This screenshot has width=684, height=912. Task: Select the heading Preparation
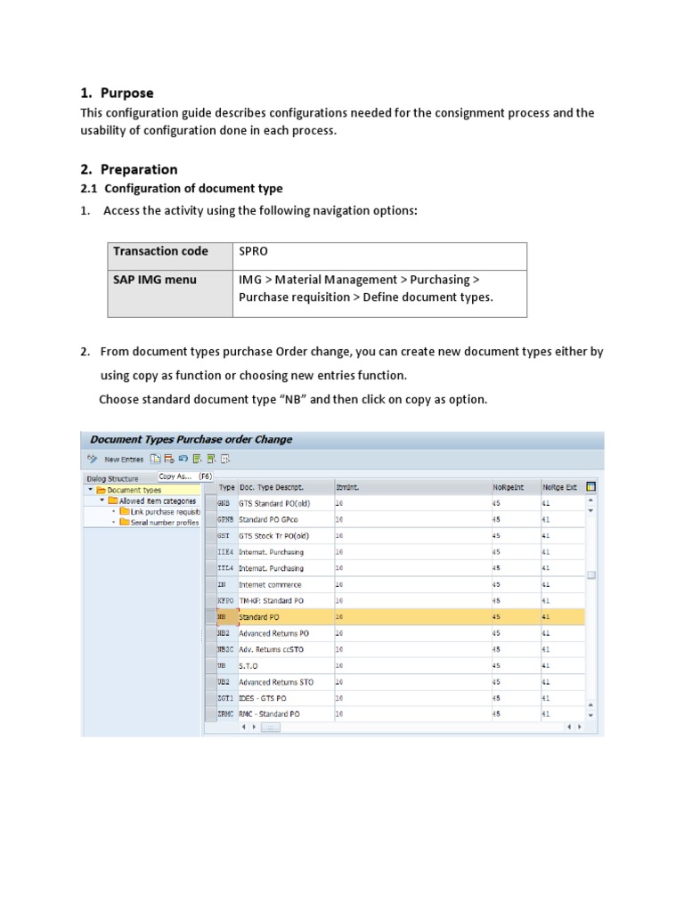coord(138,169)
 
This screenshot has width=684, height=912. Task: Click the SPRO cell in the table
coord(253,252)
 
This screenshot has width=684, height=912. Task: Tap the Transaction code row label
coord(160,252)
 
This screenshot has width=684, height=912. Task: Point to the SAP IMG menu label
coord(155,280)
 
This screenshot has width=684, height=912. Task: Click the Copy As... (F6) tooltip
coord(185,476)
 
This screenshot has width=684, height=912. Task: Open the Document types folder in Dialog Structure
coord(134,490)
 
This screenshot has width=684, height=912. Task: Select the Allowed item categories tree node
coord(158,501)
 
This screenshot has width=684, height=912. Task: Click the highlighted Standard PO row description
coord(259,616)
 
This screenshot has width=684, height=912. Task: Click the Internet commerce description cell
coord(270,584)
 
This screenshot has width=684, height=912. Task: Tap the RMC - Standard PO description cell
coord(269,713)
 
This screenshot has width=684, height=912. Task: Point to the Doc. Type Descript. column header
coord(272,487)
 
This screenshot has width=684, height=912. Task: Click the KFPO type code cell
coord(226,600)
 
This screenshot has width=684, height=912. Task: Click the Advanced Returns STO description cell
coord(276,681)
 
